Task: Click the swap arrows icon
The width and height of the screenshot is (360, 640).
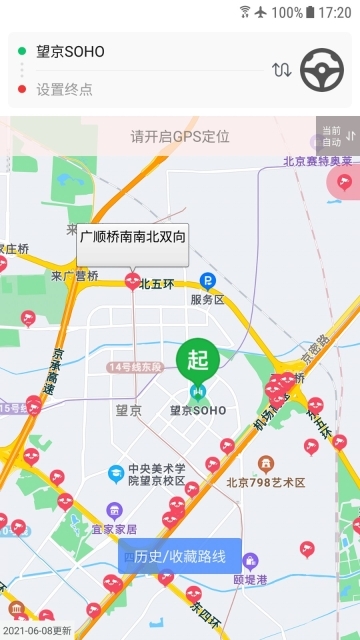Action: pos(282,70)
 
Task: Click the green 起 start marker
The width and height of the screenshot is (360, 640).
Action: pos(198,361)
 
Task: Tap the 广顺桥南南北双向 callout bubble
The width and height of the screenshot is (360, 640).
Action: pos(132,239)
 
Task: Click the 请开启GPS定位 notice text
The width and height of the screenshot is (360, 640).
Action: pos(180,136)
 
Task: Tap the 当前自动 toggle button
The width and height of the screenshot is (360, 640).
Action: pos(337,136)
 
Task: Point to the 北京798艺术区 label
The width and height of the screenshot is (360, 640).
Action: pos(266,482)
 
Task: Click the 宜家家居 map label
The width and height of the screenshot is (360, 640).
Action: pos(113,528)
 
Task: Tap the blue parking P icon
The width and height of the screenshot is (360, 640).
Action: pos(208,281)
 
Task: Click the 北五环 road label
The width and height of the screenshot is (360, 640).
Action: pos(157,283)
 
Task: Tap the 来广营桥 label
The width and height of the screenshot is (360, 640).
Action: pos(75,276)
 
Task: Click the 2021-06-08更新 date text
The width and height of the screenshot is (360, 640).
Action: pos(37,631)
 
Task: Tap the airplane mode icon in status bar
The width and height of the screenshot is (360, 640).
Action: pos(261,12)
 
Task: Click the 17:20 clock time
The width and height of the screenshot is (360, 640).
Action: pos(334,13)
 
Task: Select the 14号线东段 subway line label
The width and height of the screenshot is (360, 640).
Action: pos(134,368)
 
